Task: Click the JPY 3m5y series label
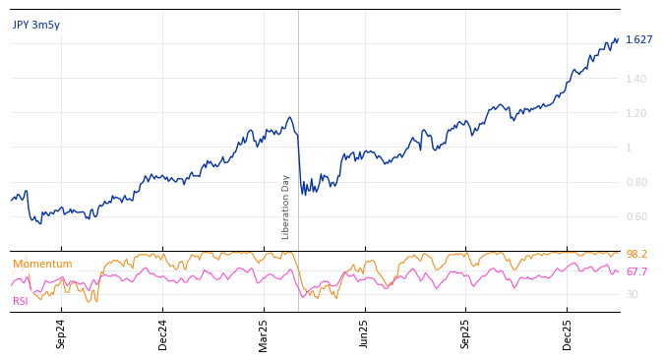pyautogui.click(x=36, y=26)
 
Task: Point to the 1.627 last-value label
pyautogui.click(x=638, y=40)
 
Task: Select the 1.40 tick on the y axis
pyautogui.click(x=635, y=79)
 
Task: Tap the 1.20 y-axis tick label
pyautogui.click(x=635, y=113)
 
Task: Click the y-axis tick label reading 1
pyautogui.click(x=629, y=148)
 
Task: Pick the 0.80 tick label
pyautogui.click(x=635, y=182)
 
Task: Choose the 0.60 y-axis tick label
pyautogui.click(x=635, y=216)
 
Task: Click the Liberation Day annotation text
pyautogui.click(x=286, y=207)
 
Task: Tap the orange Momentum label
pyautogui.click(x=42, y=265)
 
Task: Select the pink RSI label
pyautogui.click(x=21, y=301)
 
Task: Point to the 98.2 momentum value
pyautogui.click(x=636, y=255)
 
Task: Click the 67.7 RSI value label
pyautogui.click(x=636, y=272)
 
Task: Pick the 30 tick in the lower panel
pyautogui.click(x=632, y=294)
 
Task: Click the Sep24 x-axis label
pyautogui.click(x=61, y=333)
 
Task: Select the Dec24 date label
pyautogui.click(x=163, y=333)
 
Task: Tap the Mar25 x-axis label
pyautogui.click(x=264, y=333)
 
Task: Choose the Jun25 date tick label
pyautogui.click(x=365, y=333)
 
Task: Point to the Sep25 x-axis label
pyautogui.click(x=466, y=333)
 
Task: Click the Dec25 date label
pyautogui.click(x=568, y=333)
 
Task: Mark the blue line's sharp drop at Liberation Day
pyautogui.click(x=299, y=162)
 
